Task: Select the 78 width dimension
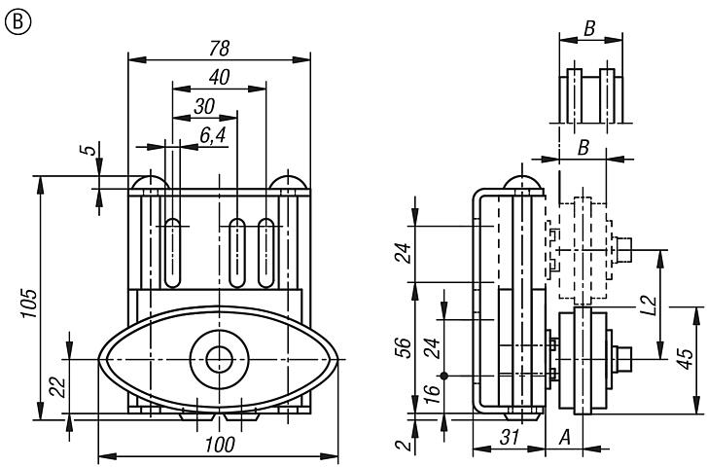click(x=219, y=49)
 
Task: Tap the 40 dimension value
click(x=218, y=79)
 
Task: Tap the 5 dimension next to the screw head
click(x=88, y=152)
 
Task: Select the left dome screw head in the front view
click(x=149, y=182)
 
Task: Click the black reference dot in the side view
click(x=443, y=377)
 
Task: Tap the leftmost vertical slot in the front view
click(x=173, y=253)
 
